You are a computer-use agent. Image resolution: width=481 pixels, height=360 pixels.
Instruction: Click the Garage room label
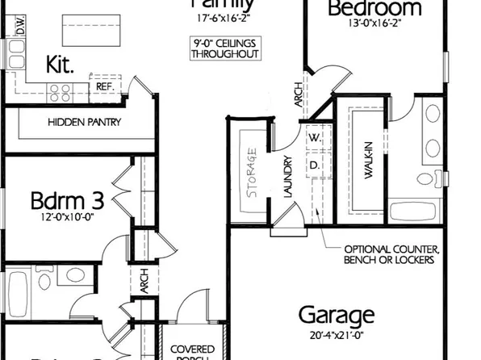click(337, 314)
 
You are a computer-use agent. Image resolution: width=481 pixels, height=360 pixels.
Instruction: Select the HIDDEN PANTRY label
click(84, 122)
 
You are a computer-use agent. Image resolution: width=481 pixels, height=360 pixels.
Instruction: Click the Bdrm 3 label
click(60, 199)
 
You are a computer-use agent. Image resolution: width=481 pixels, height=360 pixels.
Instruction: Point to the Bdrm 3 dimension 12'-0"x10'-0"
click(61, 217)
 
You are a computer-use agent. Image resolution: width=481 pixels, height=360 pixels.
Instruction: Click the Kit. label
click(61, 65)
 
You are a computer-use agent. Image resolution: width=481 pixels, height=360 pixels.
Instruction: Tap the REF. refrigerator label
click(104, 86)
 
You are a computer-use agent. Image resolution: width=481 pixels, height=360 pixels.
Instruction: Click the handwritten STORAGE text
click(251, 165)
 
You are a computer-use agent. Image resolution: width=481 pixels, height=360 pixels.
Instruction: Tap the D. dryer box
click(315, 164)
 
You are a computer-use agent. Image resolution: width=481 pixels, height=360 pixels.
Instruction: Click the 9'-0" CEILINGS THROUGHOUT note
click(225, 48)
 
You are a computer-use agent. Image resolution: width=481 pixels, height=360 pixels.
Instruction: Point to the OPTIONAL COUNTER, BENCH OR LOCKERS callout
click(391, 254)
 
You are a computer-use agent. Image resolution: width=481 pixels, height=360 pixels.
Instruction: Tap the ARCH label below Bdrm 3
click(144, 282)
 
